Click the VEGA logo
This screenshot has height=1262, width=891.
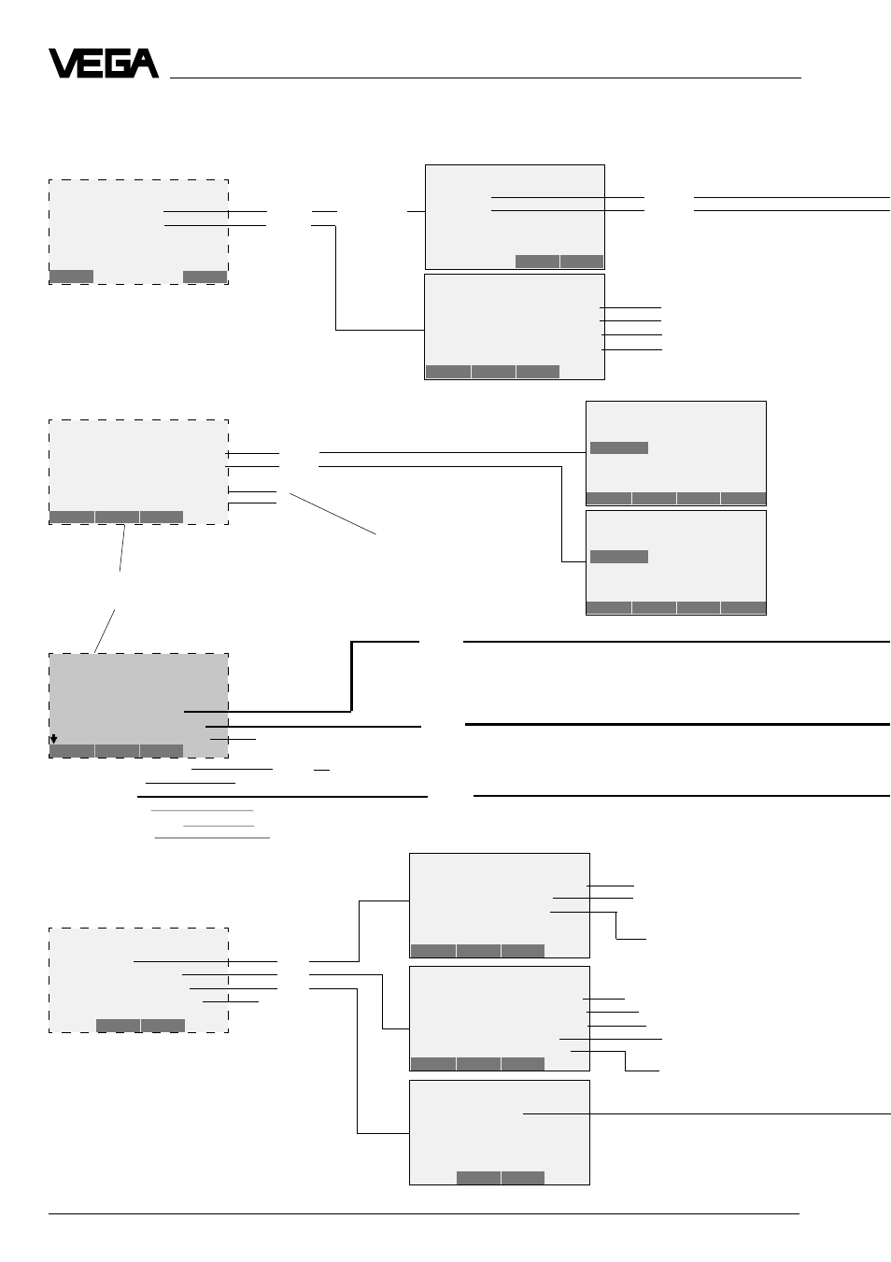[104, 64]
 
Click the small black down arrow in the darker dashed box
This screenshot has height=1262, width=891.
[53, 739]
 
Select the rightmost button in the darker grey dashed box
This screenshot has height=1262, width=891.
[162, 750]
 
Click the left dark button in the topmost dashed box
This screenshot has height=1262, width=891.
[72, 277]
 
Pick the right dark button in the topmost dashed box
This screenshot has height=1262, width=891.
[205, 277]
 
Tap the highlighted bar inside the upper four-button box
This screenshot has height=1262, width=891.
[619, 447]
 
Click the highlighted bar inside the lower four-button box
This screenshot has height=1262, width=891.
[619, 557]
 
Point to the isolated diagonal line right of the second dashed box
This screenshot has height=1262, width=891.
[332, 514]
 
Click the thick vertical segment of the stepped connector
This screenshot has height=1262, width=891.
[351, 676]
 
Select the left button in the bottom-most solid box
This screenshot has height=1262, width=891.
[479, 1178]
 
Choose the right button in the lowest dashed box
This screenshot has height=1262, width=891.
[163, 1026]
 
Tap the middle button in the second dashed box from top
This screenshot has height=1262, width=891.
[117, 518]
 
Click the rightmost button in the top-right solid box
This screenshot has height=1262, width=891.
[582, 262]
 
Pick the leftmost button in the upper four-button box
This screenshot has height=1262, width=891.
[609, 499]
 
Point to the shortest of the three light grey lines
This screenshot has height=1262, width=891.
[219, 826]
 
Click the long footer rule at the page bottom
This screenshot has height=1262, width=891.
[424, 1214]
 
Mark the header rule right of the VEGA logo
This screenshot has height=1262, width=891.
[486, 78]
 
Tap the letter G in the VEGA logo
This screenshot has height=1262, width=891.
[116, 64]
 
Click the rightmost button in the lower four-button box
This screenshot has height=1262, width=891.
[743, 607]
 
